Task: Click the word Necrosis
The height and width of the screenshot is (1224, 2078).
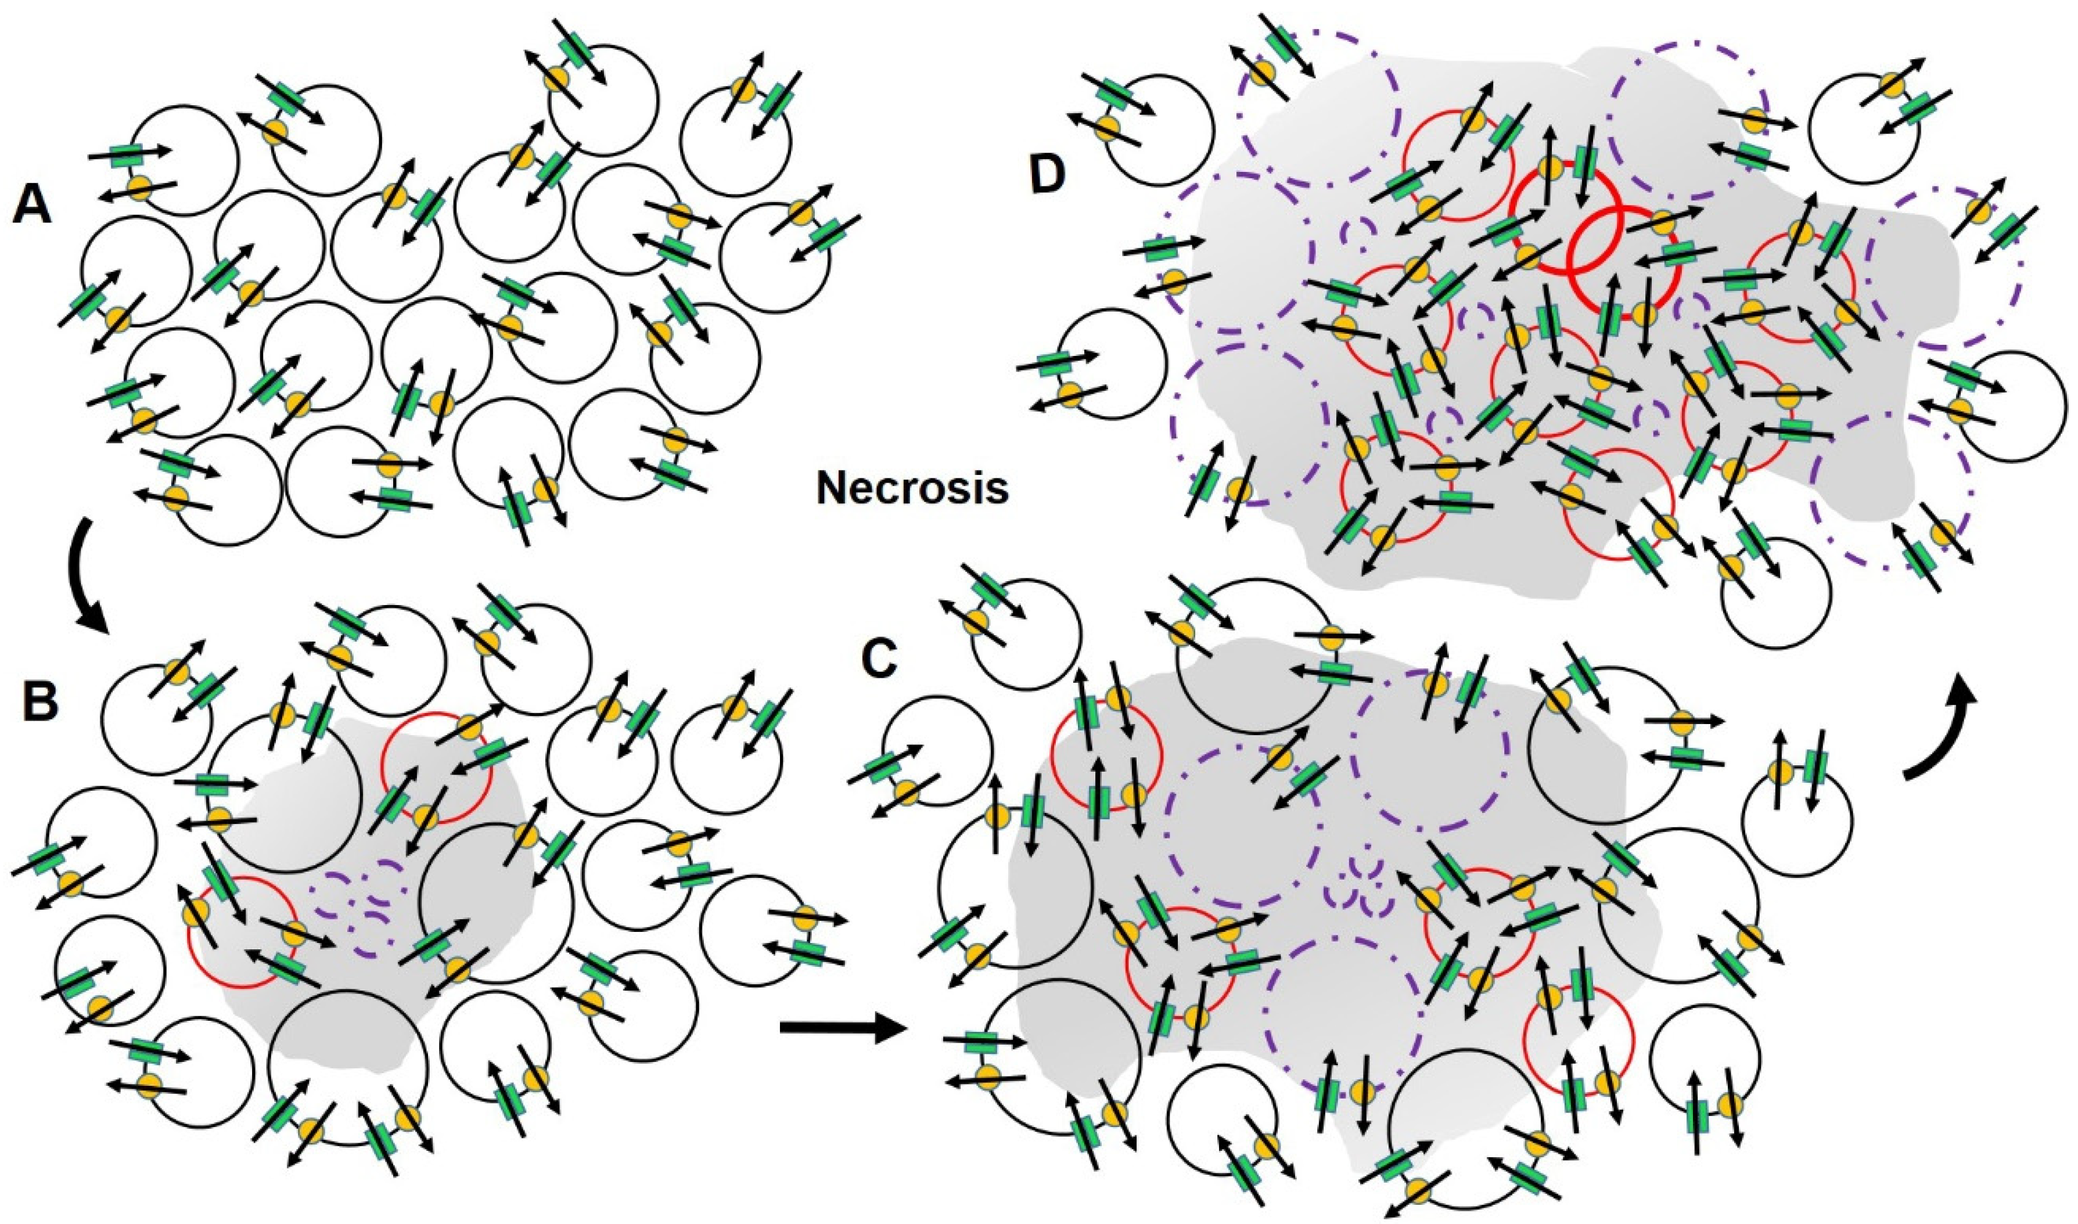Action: (x=912, y=488)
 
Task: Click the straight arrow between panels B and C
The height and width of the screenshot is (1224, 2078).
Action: (x=842, y=1028)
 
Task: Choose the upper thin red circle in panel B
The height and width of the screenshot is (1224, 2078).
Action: (x=436, y=767)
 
